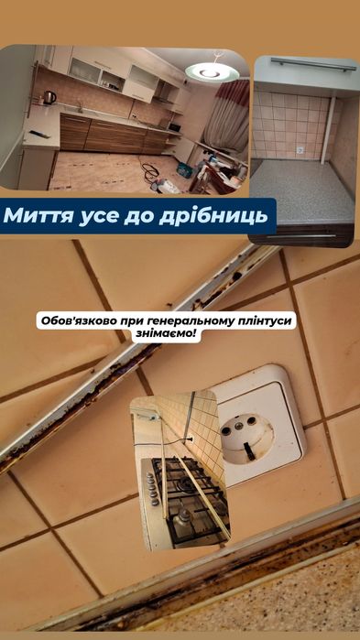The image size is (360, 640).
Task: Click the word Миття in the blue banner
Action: (38, 217)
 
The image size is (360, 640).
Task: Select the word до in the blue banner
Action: (139, 217)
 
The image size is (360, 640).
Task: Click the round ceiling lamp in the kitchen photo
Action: (211, 71)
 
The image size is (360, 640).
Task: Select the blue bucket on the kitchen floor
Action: (184, 170)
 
